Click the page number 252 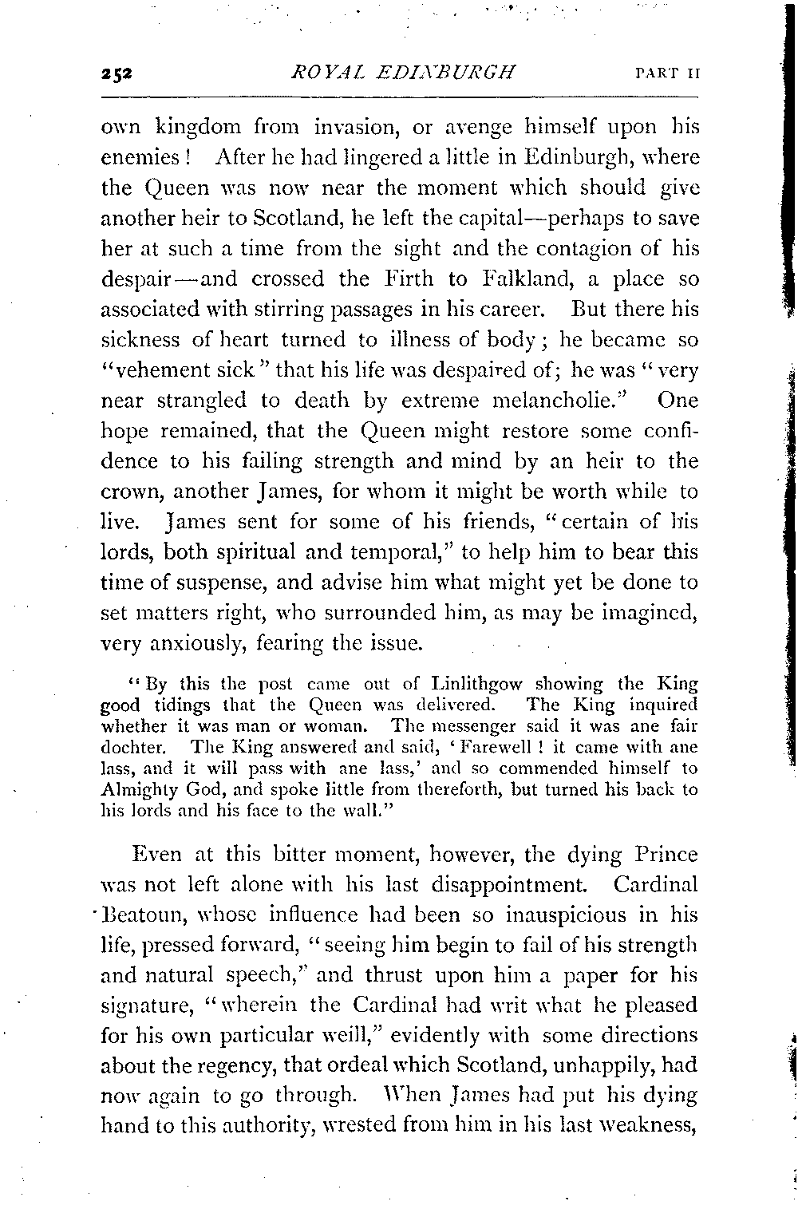point(117,74)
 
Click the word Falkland point(527,279)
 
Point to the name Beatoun point(148,915)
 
